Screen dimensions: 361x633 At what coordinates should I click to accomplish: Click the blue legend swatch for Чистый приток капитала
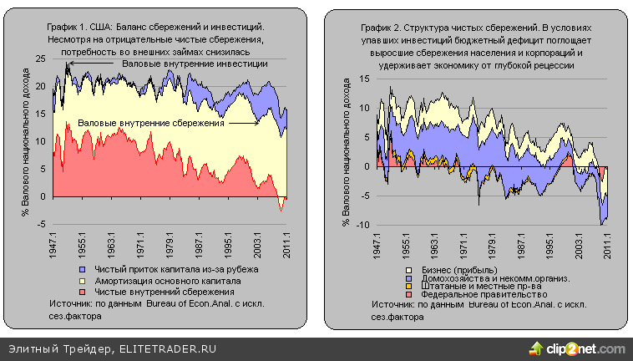pos(83,270)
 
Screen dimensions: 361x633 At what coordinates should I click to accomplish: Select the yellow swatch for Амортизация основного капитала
pos(83,281)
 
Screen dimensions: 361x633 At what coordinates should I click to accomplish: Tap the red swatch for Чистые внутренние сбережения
pos(83,292)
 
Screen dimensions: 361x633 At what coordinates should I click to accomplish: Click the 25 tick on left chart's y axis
pos(40,58)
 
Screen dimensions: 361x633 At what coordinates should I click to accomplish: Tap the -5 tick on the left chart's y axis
pos(40,224)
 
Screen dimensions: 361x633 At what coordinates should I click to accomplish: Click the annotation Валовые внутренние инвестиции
pos(194,64)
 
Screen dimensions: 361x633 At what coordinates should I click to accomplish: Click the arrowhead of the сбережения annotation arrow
pos(259,123)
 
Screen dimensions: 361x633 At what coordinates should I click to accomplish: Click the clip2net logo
pos(577,348)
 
